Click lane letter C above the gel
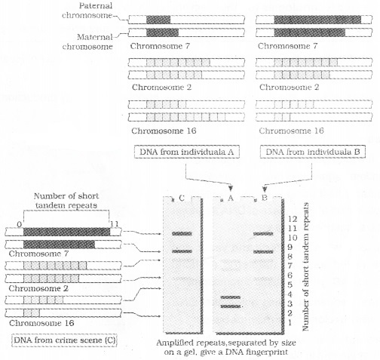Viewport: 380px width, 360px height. coord(182,199)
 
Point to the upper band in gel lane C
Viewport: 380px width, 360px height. coord(182,234)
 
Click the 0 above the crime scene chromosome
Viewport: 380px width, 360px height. coord(11,224)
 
